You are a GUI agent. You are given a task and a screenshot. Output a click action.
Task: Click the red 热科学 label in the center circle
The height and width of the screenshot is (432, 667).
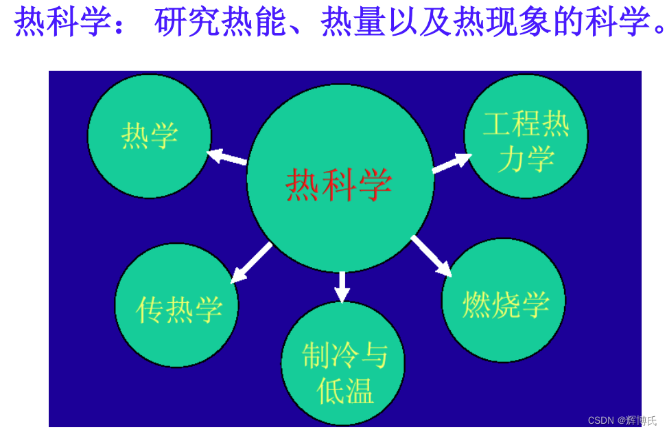pyautogui.click(x=339, y=184)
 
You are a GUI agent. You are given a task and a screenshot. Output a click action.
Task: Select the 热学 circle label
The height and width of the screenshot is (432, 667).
pyautogui.click(x=150, y=135)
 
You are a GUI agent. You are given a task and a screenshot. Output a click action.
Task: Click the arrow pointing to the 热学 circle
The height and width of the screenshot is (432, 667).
pyautogui.click(x=227, y=157)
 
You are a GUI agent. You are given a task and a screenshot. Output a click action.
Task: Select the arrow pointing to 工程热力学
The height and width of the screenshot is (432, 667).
pyautogui.click(x=452, y=163)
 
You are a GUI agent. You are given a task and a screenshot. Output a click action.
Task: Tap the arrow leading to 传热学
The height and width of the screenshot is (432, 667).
pyautogui.click(x=251, y=262)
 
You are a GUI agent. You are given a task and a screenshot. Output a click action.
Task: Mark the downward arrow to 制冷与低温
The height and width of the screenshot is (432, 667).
pyautogui.click(x=342, y=286)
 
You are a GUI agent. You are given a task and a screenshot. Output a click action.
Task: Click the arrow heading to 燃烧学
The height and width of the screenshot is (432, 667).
pyautogui.click(x=432, y=256)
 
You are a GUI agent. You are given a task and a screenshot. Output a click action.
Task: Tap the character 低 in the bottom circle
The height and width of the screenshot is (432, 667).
pyautogui.click(x=329, y=391)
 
